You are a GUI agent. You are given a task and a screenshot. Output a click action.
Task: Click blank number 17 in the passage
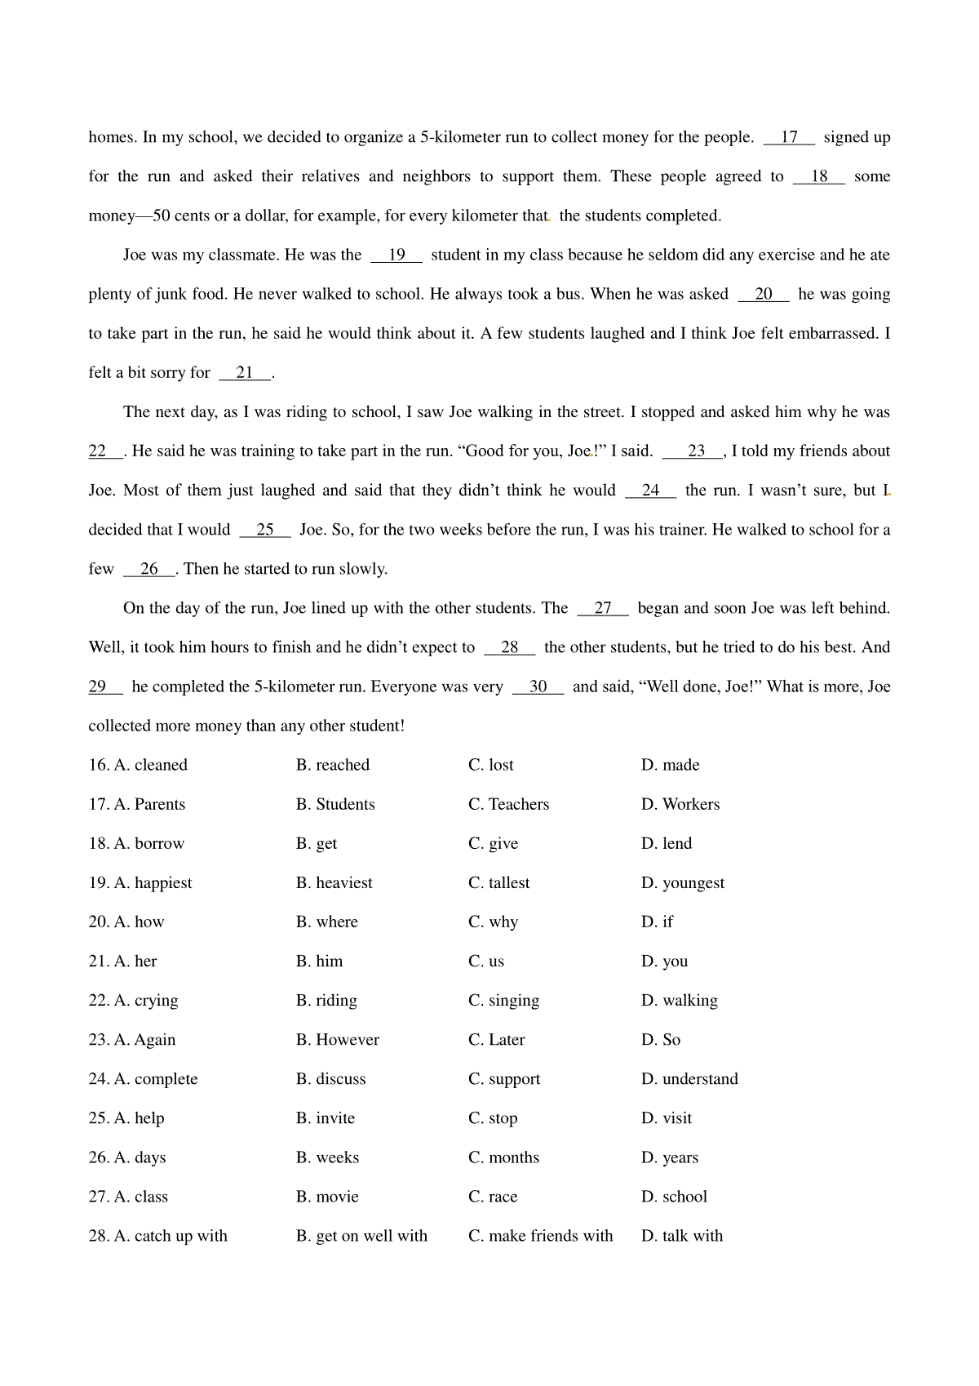(x=789, y=137)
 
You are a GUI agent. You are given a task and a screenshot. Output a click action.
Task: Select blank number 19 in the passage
(x=396, y=255)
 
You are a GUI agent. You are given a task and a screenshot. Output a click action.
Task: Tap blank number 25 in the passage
(x=265, y=530)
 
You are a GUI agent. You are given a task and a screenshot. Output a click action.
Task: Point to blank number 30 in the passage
(x=538, y=686)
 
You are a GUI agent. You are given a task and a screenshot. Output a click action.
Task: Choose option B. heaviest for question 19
(x=334, y=882)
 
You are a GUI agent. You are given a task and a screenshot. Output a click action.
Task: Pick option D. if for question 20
(x=657, y=922)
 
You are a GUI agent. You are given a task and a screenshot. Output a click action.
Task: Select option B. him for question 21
(x=319, y=961)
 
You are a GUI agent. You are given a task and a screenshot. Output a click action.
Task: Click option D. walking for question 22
(x=679, y=1000)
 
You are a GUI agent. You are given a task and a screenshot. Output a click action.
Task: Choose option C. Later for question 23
(x=496, y=1039)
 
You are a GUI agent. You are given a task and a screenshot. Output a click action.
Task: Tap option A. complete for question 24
(x=155, y=1078)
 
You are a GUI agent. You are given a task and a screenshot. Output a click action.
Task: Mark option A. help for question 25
(x=139, y=1117)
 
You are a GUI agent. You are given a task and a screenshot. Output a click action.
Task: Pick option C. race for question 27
(x=493, y=1197)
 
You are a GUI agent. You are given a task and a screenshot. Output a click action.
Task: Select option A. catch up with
(x=170, y=1236)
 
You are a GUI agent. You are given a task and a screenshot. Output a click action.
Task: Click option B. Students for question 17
(x=335, y=804)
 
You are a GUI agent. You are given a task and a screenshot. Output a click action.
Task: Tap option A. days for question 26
(x=140, y=1157)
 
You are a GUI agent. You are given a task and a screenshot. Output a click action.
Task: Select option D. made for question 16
(x=670, y=765)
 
